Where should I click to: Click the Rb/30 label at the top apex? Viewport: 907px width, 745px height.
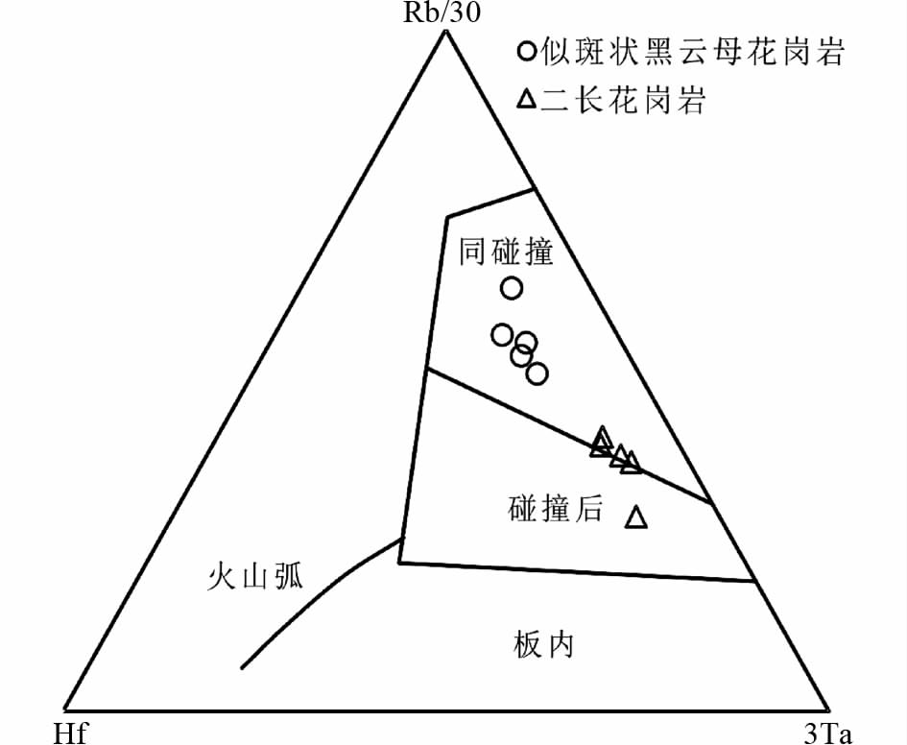444,12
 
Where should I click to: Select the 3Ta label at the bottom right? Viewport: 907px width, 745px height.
827,734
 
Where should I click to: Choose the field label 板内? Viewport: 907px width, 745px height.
543,645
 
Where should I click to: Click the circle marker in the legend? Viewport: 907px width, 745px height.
526,53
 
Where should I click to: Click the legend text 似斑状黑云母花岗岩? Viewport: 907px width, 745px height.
691,53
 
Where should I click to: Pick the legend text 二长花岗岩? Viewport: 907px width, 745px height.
623,100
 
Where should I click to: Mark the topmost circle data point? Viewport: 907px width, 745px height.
512,287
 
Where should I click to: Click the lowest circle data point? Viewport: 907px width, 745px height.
537,373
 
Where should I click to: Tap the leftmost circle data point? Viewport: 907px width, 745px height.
501,334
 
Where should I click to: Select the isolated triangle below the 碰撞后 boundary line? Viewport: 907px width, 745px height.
636,517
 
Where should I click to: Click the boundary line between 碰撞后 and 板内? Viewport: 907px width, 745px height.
576,571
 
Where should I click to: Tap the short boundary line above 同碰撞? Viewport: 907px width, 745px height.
489,204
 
